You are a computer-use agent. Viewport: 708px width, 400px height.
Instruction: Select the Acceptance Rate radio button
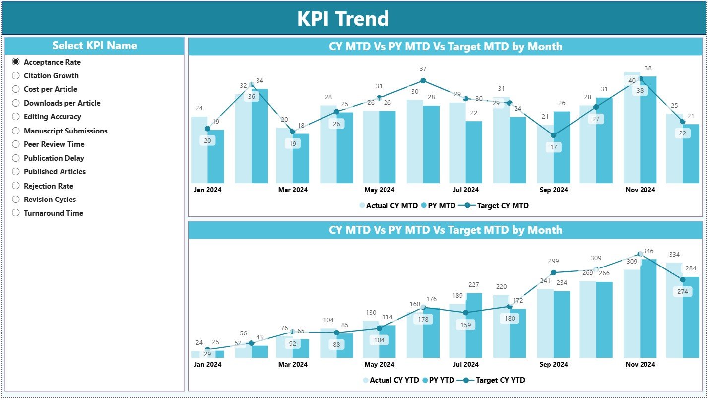click(x=16, y=62)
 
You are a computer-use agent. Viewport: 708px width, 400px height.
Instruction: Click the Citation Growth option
click(x=16, y=76)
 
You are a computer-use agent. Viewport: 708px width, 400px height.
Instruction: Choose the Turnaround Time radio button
click(x=16, y=213)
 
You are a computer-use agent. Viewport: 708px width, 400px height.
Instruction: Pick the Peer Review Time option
click(x=16, y=144)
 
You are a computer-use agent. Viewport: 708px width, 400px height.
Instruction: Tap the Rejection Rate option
click(x=16, y=186)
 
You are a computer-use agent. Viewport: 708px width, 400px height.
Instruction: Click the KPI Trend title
click(x=343, y=19)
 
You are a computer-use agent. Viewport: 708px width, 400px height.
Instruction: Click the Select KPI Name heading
click(x=94, y=46)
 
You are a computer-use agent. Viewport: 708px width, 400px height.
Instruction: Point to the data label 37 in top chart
click(x=423, y=69)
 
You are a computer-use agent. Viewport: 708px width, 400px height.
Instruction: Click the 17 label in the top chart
click(x=554, y=147)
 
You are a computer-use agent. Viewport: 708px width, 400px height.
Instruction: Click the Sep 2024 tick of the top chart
click(x=554, y=190)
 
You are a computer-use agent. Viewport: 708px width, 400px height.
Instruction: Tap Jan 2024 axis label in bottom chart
click(x=207, y=364)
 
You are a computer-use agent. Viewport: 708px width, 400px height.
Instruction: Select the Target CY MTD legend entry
click(x=503, y=205)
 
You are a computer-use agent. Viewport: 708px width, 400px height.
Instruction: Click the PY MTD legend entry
click(x=441, y=205)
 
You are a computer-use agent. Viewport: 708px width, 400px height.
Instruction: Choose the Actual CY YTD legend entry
click(x=394, y=380)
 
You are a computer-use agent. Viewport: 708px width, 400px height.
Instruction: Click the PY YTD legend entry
click(x=441, y=380)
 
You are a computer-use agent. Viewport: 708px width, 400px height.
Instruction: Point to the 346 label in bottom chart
click(x=648, y=251)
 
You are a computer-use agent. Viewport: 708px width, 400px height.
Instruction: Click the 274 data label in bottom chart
click(x=682, y=291)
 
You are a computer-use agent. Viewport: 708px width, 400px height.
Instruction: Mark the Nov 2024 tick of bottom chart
click(x=640, y=364)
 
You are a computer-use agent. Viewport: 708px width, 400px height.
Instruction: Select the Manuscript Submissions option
click(x=16, y=131)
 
